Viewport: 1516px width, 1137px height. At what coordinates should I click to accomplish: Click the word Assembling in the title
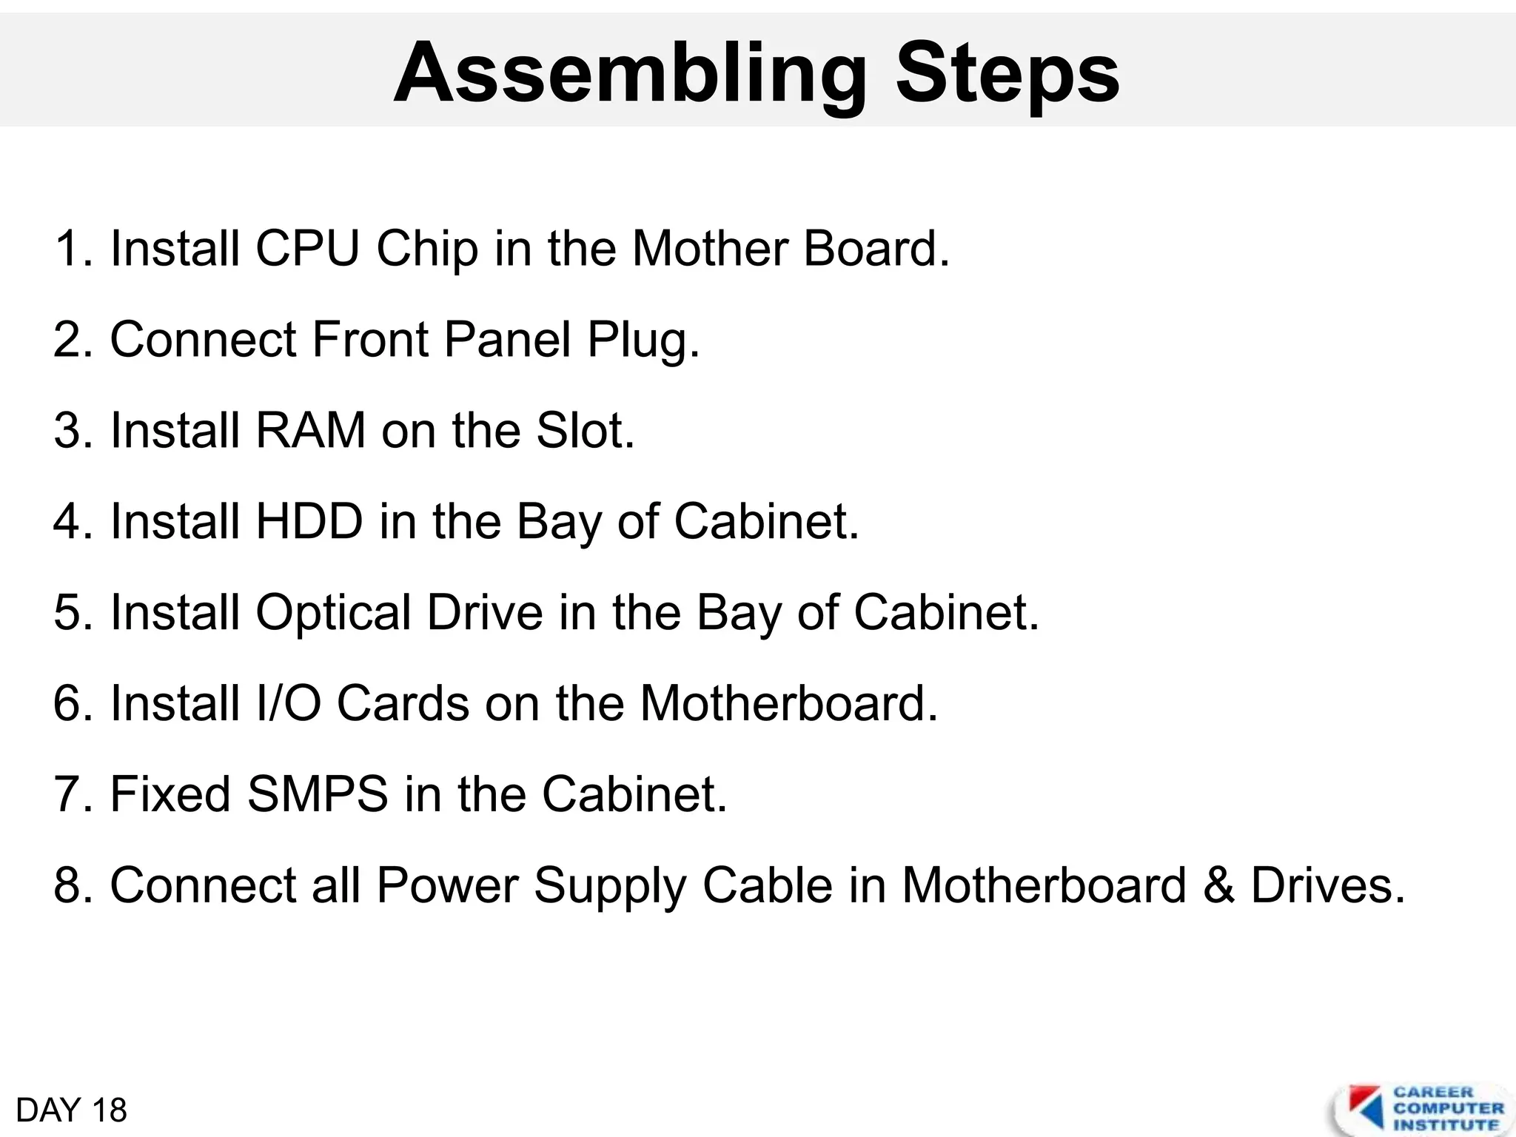click(629, 74)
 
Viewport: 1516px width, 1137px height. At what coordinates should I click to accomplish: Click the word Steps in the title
click(1007, 74)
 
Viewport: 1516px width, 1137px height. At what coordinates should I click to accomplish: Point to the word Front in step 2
click(369, 339)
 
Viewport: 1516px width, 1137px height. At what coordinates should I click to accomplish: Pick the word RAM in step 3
click(310, 430)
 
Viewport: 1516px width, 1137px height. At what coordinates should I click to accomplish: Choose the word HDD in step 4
click(309, 521)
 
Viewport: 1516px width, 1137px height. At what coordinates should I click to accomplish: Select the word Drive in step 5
click(485, 612)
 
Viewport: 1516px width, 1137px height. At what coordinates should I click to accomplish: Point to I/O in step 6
click(288, 703)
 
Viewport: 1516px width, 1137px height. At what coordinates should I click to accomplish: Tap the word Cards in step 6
click(402, 703)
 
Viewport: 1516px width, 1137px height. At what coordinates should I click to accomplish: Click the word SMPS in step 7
click(318, 794)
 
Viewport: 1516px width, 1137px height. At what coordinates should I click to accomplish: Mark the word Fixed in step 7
click(170, 794)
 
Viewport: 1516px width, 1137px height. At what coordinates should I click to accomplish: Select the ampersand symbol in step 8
click(1218, 885)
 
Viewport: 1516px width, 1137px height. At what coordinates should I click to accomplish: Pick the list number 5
click(68, 613)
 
